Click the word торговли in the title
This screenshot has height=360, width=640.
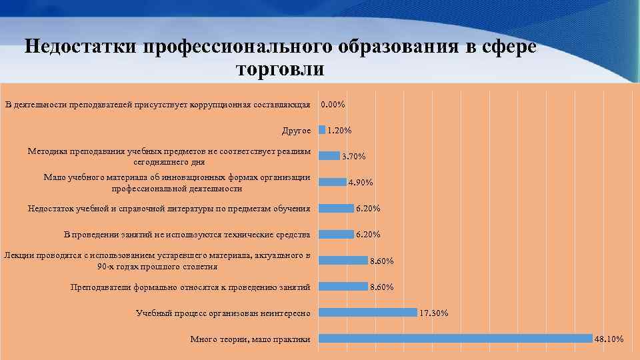point(280,69)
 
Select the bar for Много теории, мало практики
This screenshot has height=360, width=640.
point(455,339)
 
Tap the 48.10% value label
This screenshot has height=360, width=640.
point(609,339)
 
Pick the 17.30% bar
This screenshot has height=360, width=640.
point(368,312)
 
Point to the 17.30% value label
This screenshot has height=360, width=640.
point(433,313)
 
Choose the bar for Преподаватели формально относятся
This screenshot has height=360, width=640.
point(343,286)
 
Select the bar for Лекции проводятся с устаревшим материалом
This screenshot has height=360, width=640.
point(343,260)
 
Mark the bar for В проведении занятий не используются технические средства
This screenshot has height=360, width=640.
point(337,234)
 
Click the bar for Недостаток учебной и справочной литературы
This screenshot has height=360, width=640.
point(337,208)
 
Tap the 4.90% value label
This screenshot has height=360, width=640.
point(361,183)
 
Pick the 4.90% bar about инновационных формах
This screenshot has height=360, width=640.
point(333,181)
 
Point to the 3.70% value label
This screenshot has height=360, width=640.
point(353,157)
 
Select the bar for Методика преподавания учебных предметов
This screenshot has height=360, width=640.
point(329,155)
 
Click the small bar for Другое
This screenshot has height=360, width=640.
point(322,130)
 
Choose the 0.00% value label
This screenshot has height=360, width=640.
point(333,105)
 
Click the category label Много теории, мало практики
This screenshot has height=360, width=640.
point(250,339)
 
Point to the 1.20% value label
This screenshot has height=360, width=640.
point(339,131)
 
